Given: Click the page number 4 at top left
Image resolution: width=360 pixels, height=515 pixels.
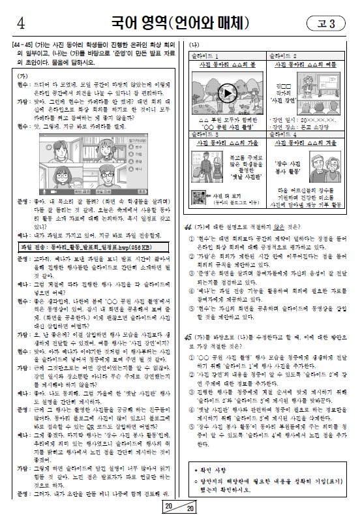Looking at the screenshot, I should click(21, 24).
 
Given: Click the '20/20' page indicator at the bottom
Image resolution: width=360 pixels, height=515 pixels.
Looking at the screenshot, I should click(179, 507).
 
